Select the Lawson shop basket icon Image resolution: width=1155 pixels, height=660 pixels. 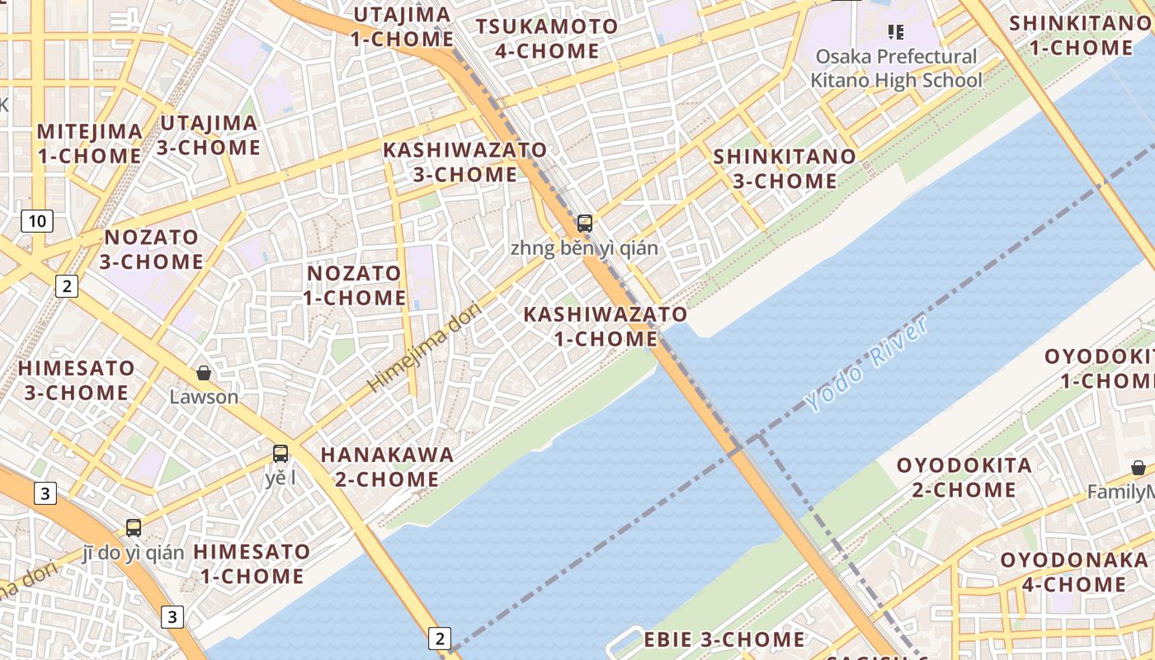point(204,374)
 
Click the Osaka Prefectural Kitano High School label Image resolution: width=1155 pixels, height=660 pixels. point(896,68)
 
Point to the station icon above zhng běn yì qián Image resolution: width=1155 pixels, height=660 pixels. point(584,223)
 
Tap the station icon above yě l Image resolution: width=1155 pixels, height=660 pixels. point(280,453)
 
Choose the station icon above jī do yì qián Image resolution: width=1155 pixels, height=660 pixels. point(133,528)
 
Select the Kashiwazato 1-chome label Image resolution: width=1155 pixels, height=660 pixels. point(606,327)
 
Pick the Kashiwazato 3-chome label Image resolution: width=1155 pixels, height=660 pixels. point(464,163)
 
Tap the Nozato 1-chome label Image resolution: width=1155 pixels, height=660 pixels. point(354,285)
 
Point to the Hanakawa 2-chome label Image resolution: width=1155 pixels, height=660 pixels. point(387,466)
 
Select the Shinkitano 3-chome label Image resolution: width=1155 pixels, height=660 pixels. point(785,168)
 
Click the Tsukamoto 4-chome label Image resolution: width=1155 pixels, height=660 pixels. point(547,38)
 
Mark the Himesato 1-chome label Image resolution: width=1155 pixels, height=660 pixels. point(252,563)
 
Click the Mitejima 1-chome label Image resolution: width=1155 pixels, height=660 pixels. point(89,143)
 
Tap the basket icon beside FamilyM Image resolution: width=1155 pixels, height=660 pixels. point(1138,468)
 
